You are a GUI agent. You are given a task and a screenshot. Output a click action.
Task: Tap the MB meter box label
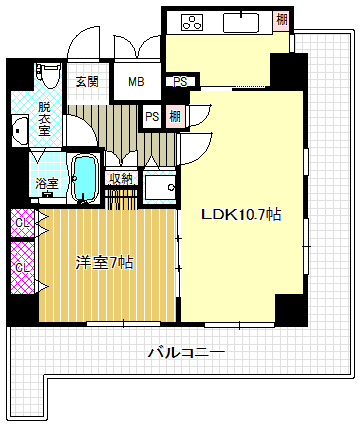pyautogui.click(x=133, y=82)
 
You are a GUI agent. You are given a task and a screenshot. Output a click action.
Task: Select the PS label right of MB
pyautogui.click(x=180, y=82)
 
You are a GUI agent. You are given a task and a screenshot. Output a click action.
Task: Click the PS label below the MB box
pyautogui.click(x=153, y=116)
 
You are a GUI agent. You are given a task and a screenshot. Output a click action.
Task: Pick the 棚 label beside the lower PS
pyautogui.click(x=176, y=116)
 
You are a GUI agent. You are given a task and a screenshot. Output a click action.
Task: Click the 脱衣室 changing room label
pyautogui.click(x=45, y=117)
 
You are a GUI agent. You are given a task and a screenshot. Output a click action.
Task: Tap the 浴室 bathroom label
pyautogui.click(x=47, y=184)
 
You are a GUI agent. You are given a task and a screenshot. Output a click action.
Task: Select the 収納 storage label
pyautogui.click(x=121, y=178)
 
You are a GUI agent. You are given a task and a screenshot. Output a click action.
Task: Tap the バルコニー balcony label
pyautogui.click(x=185, y=352)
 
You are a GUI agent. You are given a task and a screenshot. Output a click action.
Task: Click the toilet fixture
pyautogui.click(x=46, y=76)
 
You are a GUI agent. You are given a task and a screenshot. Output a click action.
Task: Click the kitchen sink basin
pyautogui.click(x=245, y=21)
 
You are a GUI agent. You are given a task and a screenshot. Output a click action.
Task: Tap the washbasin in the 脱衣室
pyautogui.click(x=20, y=129)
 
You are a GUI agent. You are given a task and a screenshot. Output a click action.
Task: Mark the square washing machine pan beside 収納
pyautogui.click(x=158, y=186)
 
